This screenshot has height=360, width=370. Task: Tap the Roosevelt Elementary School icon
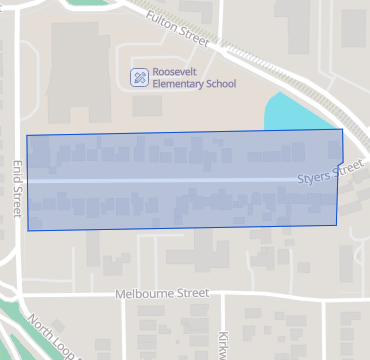[x=140, y=77]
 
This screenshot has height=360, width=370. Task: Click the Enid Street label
[x=16, y=190]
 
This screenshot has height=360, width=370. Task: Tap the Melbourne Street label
[x=162, y=294]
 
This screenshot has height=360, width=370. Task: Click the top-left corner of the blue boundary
[x=26, y=135]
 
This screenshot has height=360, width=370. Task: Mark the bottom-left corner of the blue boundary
[x=28, y=230]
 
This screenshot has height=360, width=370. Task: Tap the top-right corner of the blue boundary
[x=342, y=129]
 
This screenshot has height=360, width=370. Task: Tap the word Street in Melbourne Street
[x=191, y=294]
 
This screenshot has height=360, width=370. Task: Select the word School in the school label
[x=221, y=84]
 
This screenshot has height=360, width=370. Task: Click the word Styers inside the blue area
[x=314, y=178]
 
